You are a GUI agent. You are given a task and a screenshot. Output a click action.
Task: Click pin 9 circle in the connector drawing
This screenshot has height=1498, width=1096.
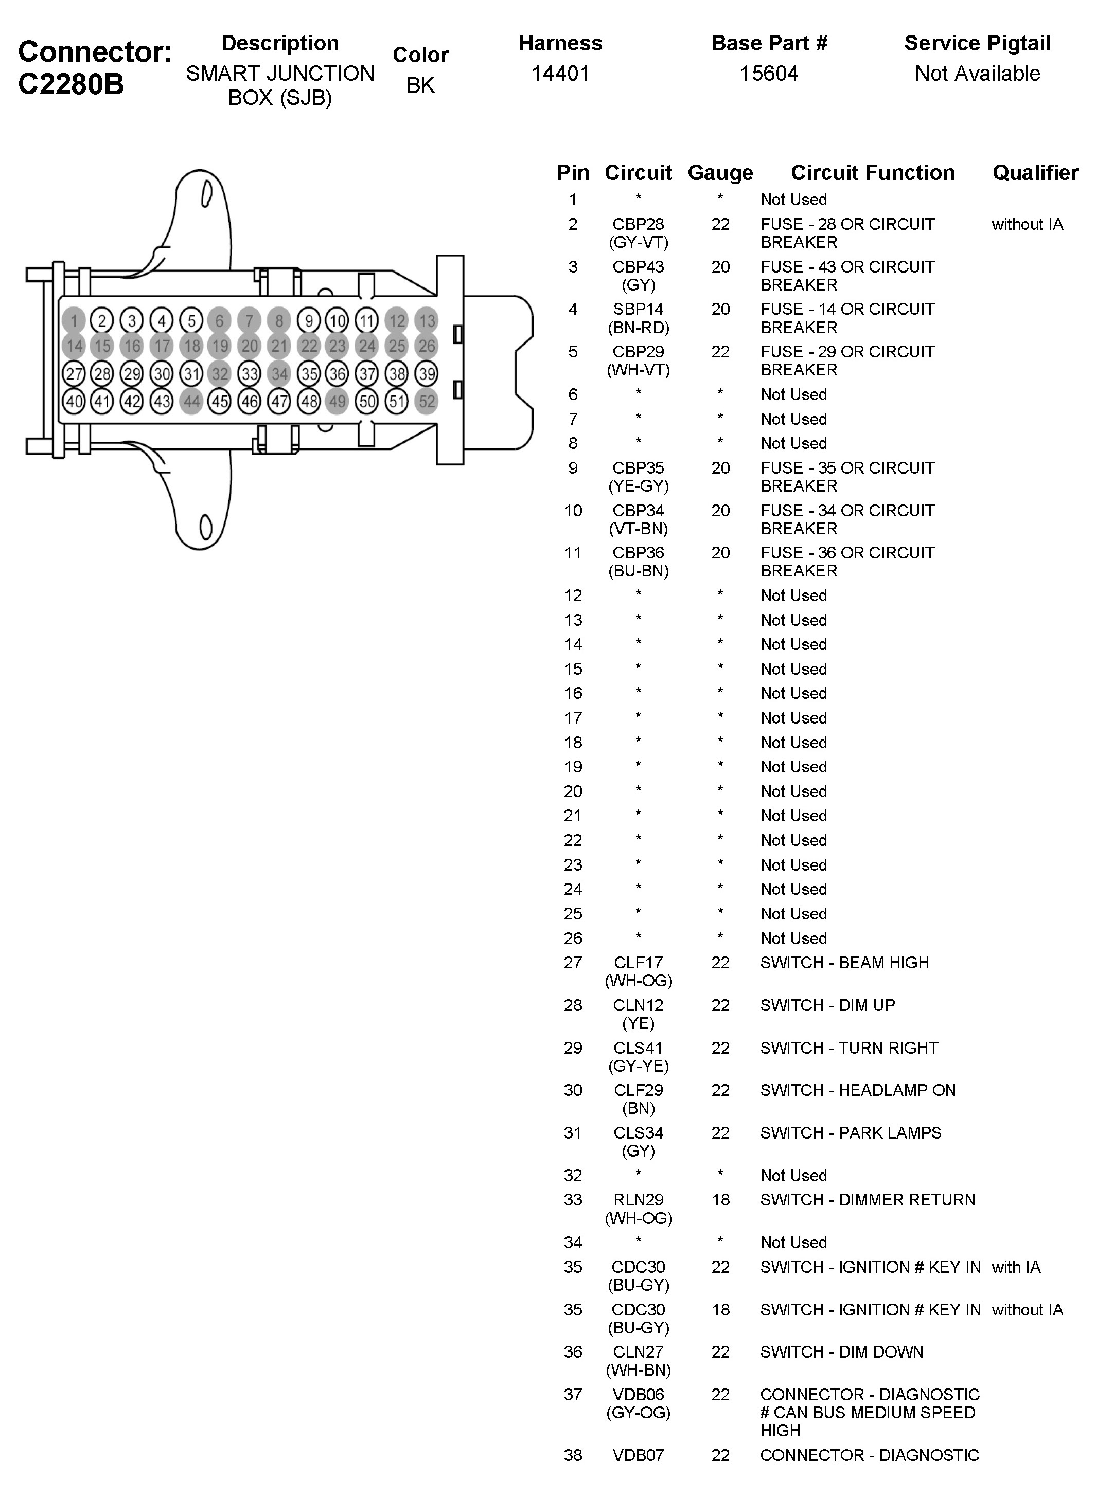click(309, 321)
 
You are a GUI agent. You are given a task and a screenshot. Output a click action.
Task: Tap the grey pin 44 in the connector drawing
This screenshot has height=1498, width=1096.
click(191, 401)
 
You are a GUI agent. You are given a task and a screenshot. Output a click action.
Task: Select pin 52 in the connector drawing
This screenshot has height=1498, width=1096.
click(427, 401)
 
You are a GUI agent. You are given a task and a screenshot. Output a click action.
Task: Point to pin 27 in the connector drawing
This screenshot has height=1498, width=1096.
click(74, 374)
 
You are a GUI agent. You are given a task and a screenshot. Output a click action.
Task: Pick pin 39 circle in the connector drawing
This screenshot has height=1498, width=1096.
click(427, 374)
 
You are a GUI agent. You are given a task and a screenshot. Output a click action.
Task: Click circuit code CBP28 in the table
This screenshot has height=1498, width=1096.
click(638, 224)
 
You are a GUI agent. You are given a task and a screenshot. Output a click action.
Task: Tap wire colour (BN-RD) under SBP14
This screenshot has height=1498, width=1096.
click(638, 328)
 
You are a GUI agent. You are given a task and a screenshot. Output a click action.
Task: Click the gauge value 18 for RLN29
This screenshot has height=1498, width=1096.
click(720, 1200)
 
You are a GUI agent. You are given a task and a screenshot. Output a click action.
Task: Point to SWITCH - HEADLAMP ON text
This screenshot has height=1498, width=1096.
click(857, 1090)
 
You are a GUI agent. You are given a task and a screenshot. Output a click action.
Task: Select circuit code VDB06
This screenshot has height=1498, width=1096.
click(638, 1395)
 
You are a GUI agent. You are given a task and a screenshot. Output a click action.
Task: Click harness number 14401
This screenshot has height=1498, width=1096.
click(560, 73)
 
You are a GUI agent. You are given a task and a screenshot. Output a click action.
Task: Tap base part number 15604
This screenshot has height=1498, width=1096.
click(769, 73)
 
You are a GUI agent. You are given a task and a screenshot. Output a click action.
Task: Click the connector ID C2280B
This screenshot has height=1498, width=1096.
click(71, 84)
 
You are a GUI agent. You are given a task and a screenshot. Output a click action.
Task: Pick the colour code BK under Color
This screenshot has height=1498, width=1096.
click(420, 85)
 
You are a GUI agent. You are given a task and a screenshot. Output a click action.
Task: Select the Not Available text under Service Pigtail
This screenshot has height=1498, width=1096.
click(977, 73)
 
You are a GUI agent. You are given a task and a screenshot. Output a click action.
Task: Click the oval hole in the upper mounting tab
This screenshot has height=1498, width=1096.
click(206, 194)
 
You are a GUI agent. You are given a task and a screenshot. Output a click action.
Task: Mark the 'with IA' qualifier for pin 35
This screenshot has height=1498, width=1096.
click(1016, 1267)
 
